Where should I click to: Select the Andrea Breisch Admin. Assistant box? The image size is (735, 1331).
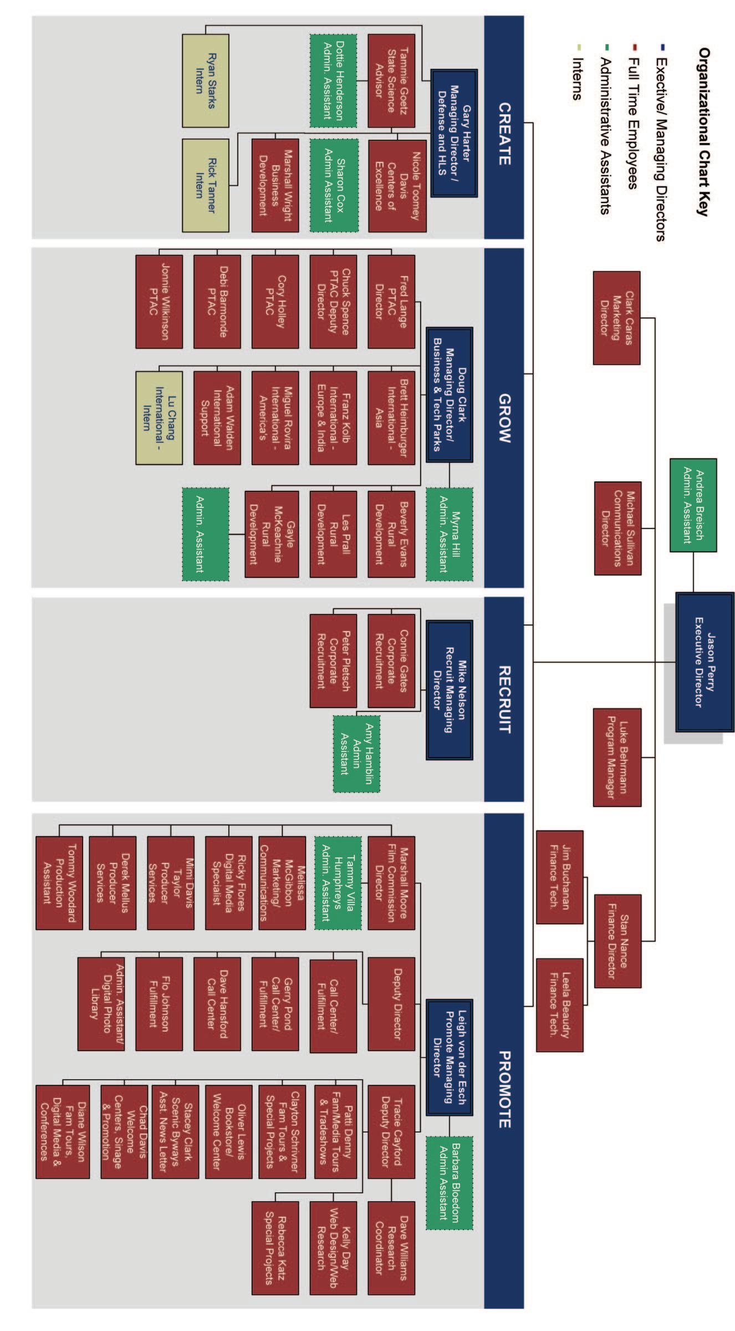[x=693, y=505]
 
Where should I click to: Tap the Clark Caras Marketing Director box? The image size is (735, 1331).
[x=616, y=318]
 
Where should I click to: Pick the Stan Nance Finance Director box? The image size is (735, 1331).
[x=617, y=941]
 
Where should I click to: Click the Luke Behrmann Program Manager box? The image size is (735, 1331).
[x=617, y=758]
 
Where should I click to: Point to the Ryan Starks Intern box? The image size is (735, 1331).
[x=206, y=81]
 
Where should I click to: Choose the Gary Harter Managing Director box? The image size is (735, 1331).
[x=454, y=133]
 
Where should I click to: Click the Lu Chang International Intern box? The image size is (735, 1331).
[x=159, y=418]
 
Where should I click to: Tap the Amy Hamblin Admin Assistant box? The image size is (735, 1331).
[x=356, y=754]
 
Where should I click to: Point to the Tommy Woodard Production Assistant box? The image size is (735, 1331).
[x=59, y=883]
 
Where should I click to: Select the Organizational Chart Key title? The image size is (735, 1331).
[x=703, y=131]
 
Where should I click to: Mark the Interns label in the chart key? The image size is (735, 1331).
[x=577, y=79]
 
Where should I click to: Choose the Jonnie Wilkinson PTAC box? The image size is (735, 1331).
[x=159, y=302]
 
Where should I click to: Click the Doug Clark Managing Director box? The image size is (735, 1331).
[x=450, y=394]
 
